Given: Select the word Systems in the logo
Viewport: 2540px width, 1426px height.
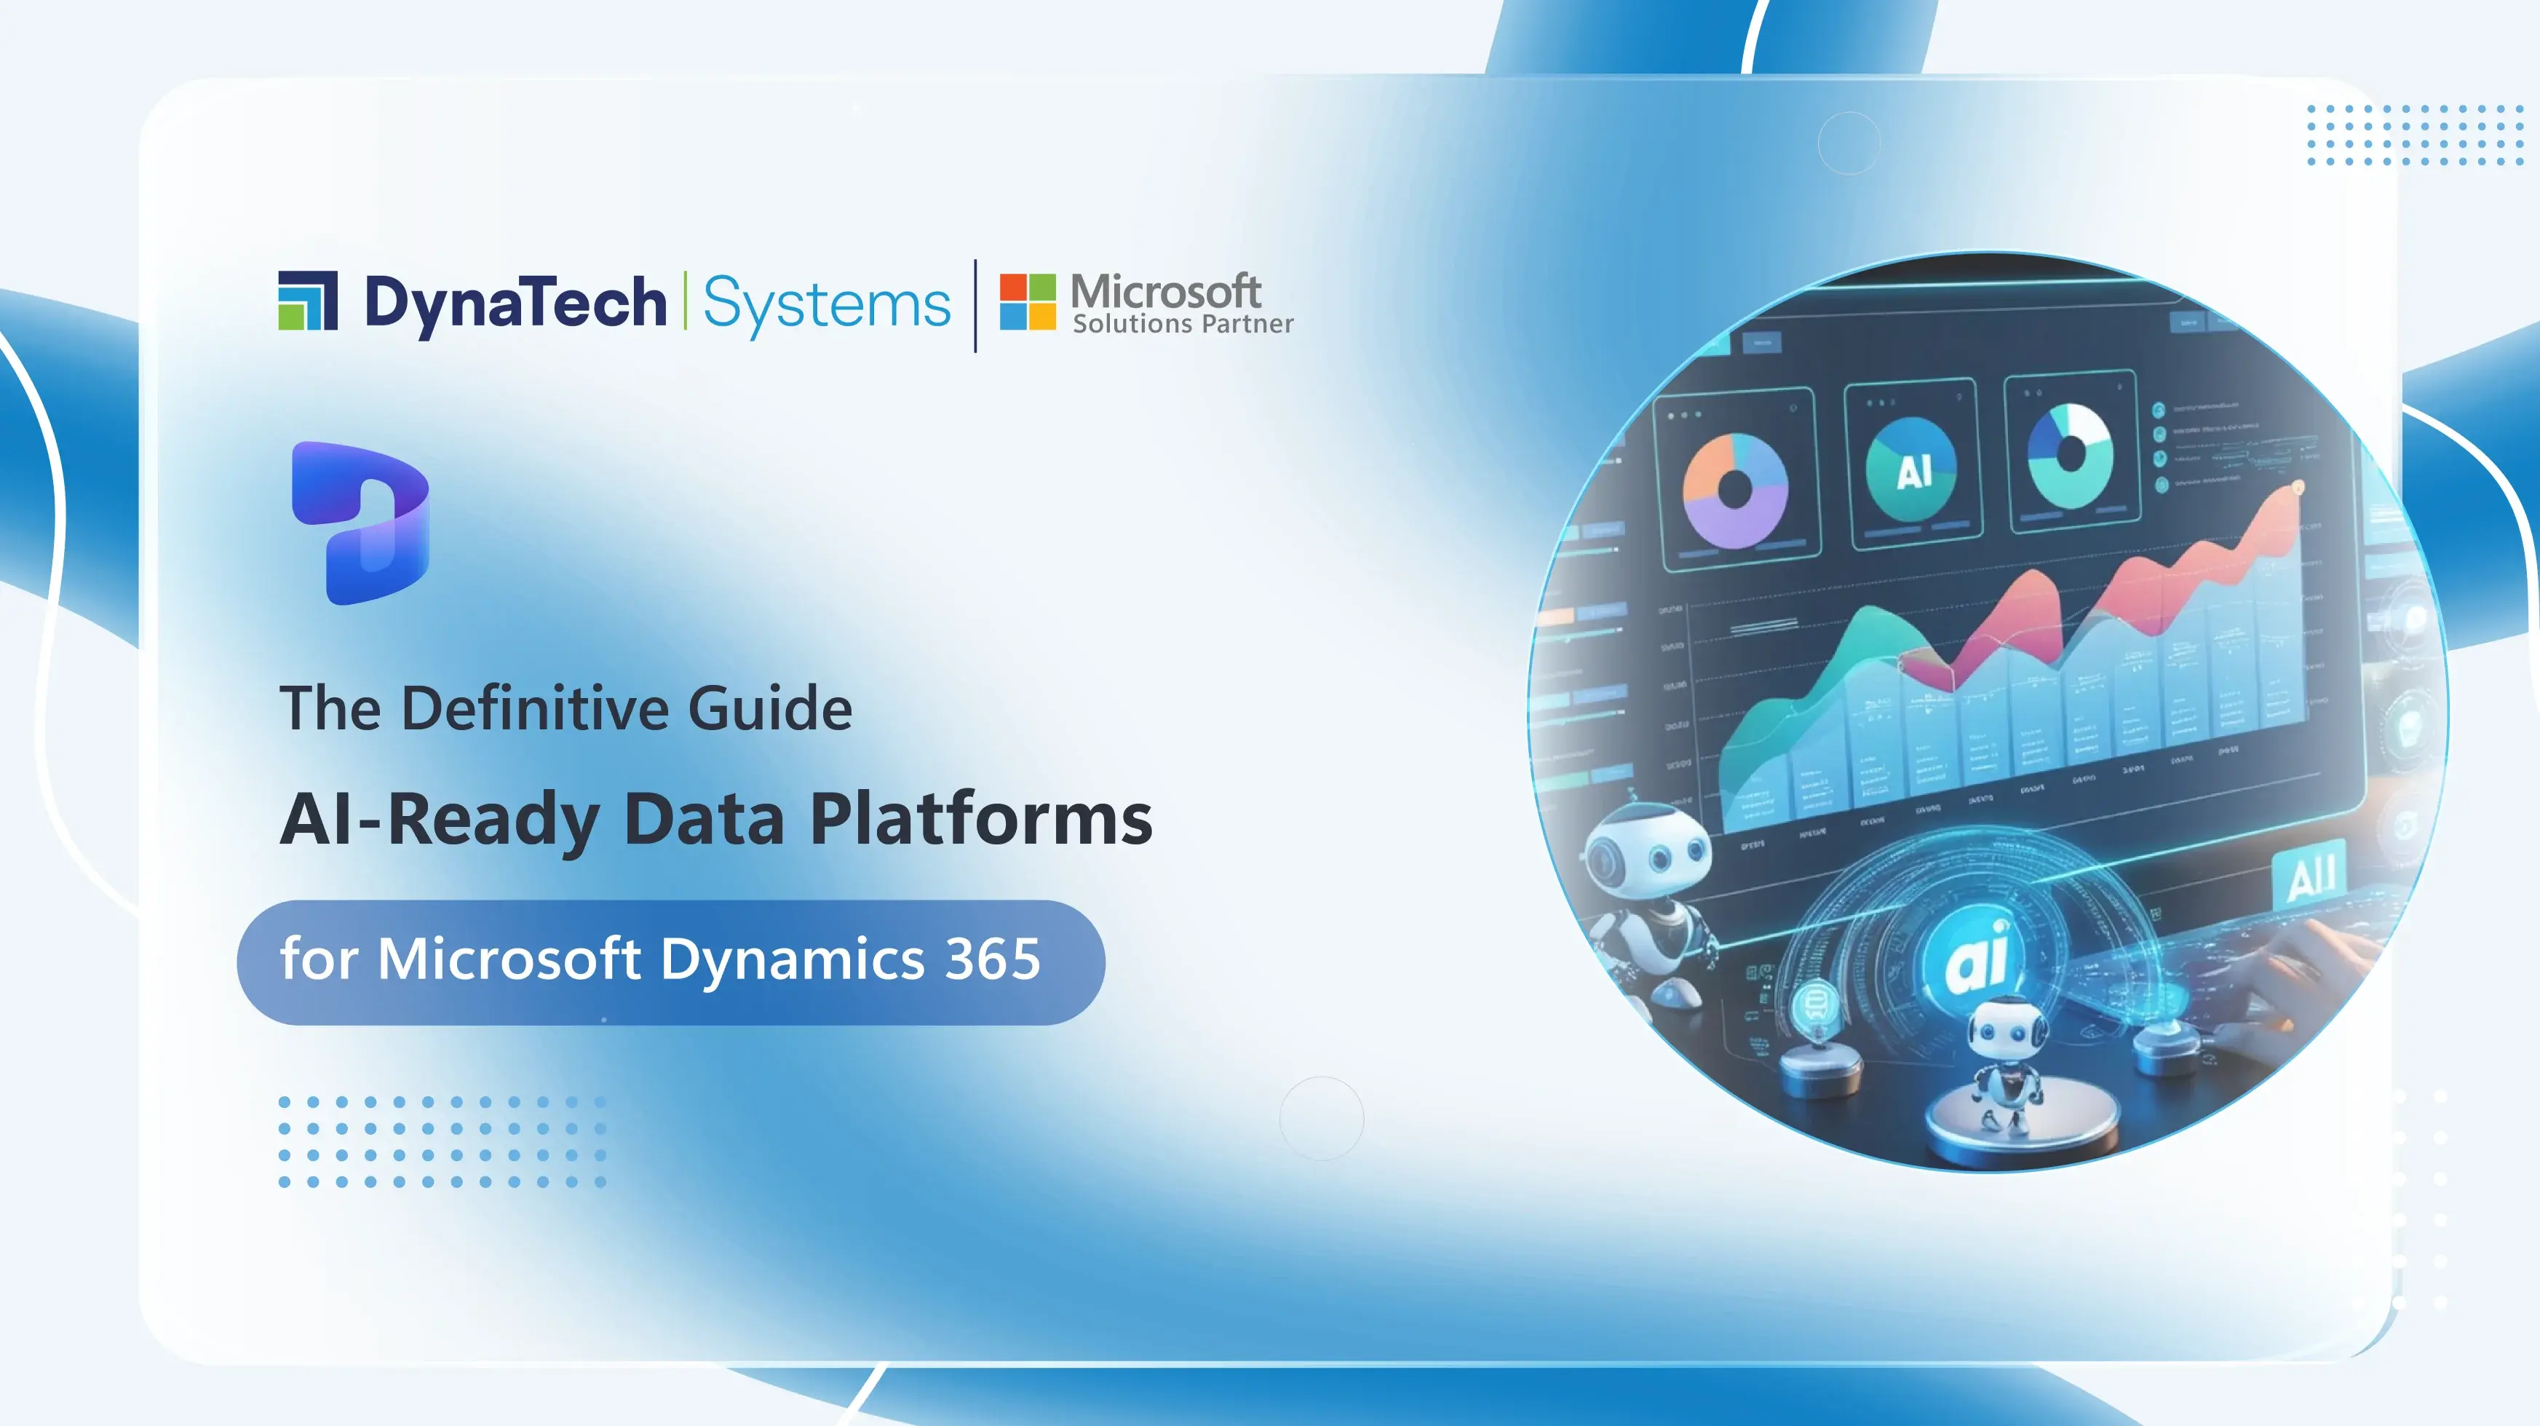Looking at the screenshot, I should click(x=826, y=304).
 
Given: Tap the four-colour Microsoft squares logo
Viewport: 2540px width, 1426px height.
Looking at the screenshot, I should click(x=1028, y=302).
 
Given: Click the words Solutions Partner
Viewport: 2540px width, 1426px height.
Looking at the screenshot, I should click(x=1182, y=325).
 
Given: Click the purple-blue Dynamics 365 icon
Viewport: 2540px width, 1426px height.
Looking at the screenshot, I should click(x=361, y=523).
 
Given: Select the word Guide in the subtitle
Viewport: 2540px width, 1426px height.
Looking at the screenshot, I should click(x=769, y=708).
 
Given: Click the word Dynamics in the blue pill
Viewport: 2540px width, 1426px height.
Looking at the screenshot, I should click(x=793, y=959).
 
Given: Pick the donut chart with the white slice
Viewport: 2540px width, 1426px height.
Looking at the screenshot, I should click(x=2070, y=453).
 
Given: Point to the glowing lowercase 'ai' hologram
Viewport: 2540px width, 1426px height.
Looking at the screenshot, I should click(x=1976, y=956).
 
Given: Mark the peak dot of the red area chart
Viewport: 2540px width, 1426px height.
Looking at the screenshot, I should click(x=2298, y=487).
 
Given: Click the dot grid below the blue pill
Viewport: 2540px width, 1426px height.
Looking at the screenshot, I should click(x=442, y=1141).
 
